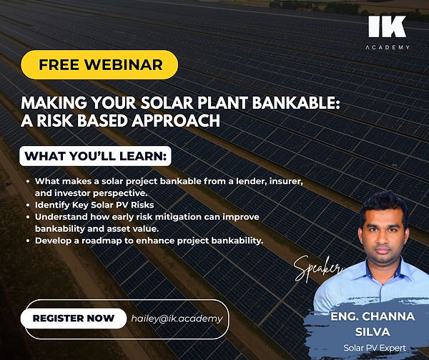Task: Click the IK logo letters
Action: (x=388, y=28)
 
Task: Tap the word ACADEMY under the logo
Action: (x=388, y=47)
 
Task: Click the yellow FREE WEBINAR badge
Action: (x=101, y=64)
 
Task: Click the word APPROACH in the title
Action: (x=174, y=121)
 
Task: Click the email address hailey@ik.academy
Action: (x=177, y=318)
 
